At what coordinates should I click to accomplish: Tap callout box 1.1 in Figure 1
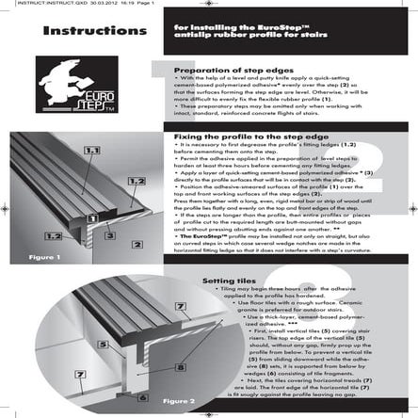92,151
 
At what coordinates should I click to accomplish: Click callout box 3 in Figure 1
111,235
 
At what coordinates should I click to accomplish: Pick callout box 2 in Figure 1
137,244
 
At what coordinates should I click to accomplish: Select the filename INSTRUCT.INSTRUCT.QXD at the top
35,4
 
